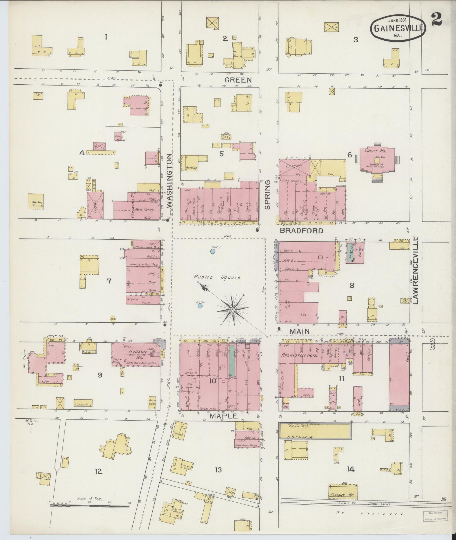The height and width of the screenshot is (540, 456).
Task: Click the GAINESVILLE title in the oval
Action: [x=399, y=28]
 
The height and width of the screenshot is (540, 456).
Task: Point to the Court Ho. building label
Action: [x=379, y=151]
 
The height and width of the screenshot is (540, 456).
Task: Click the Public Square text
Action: [x=217, y=277]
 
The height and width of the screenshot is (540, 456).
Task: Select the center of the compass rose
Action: [x=232, y=310]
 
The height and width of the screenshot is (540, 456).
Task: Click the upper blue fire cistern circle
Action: [x=213, y=251]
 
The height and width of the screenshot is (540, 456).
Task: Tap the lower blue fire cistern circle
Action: [x=200, y=305]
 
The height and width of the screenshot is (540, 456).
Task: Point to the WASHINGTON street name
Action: [x=169, y=181]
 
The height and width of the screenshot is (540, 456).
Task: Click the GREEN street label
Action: [x=238, y=80]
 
